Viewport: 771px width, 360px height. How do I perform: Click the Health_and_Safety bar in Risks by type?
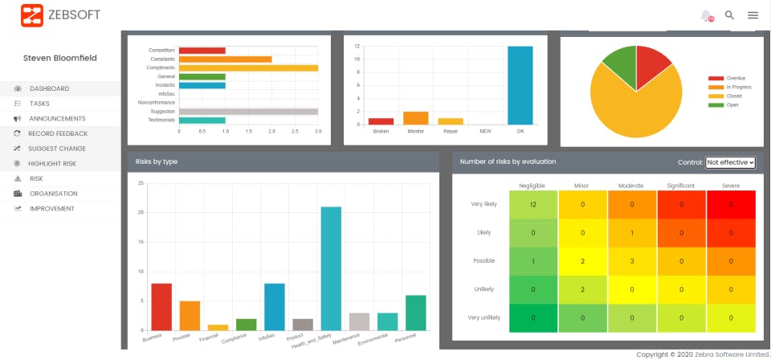point(331,268)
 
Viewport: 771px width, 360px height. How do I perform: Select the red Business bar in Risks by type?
point(161,306)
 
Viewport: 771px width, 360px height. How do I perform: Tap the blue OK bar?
point(520,85)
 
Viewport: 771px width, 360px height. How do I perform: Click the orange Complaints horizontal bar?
point(225,59)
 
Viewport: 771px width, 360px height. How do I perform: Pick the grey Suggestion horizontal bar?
point(248,112)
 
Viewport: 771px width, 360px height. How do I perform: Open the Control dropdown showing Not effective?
point(730,162)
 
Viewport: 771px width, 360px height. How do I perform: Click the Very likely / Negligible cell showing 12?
point(532,204)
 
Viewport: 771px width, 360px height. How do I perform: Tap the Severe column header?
point(731,186)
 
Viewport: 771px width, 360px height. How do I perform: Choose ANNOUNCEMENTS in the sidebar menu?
point(57,119)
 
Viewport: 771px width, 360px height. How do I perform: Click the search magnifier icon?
point(729,14)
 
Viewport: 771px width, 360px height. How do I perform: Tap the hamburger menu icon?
point(753,14)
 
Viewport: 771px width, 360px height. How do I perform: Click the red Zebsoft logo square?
point(32,14)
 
